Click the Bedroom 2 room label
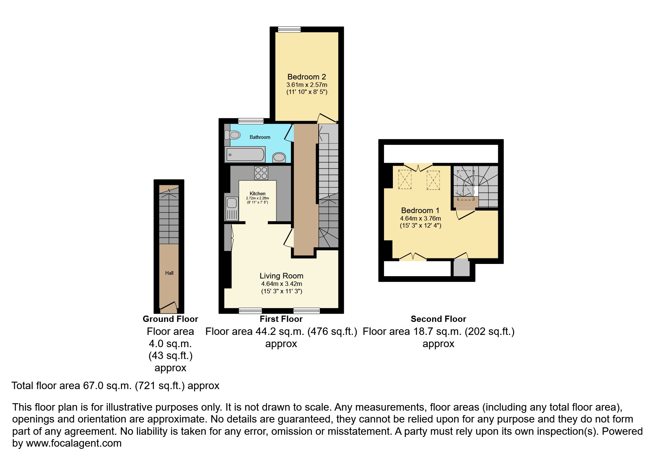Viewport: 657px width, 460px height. point(306,77)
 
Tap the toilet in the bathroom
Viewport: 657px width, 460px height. point(233,135)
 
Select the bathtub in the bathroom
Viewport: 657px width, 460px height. point(245,154)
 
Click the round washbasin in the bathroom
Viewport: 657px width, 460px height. point(279,157)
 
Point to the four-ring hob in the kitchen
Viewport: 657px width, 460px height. point(261,173)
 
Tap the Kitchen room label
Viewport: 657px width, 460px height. point(257,193)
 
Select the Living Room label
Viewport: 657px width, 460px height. point(281,276)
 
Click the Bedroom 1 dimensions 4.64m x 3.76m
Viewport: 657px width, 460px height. point(420,218)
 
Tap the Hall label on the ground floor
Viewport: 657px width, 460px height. point(169,273)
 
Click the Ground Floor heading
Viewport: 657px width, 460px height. point(170,319)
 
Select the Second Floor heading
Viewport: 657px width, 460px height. point(438,319)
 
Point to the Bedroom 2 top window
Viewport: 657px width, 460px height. point(289,29)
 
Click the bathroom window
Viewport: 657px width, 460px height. point(251,121)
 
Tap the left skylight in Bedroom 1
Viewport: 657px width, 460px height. point(404,179)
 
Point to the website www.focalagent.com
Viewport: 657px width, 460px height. point(73,443)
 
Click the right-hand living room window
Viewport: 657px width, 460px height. point(306,311)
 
